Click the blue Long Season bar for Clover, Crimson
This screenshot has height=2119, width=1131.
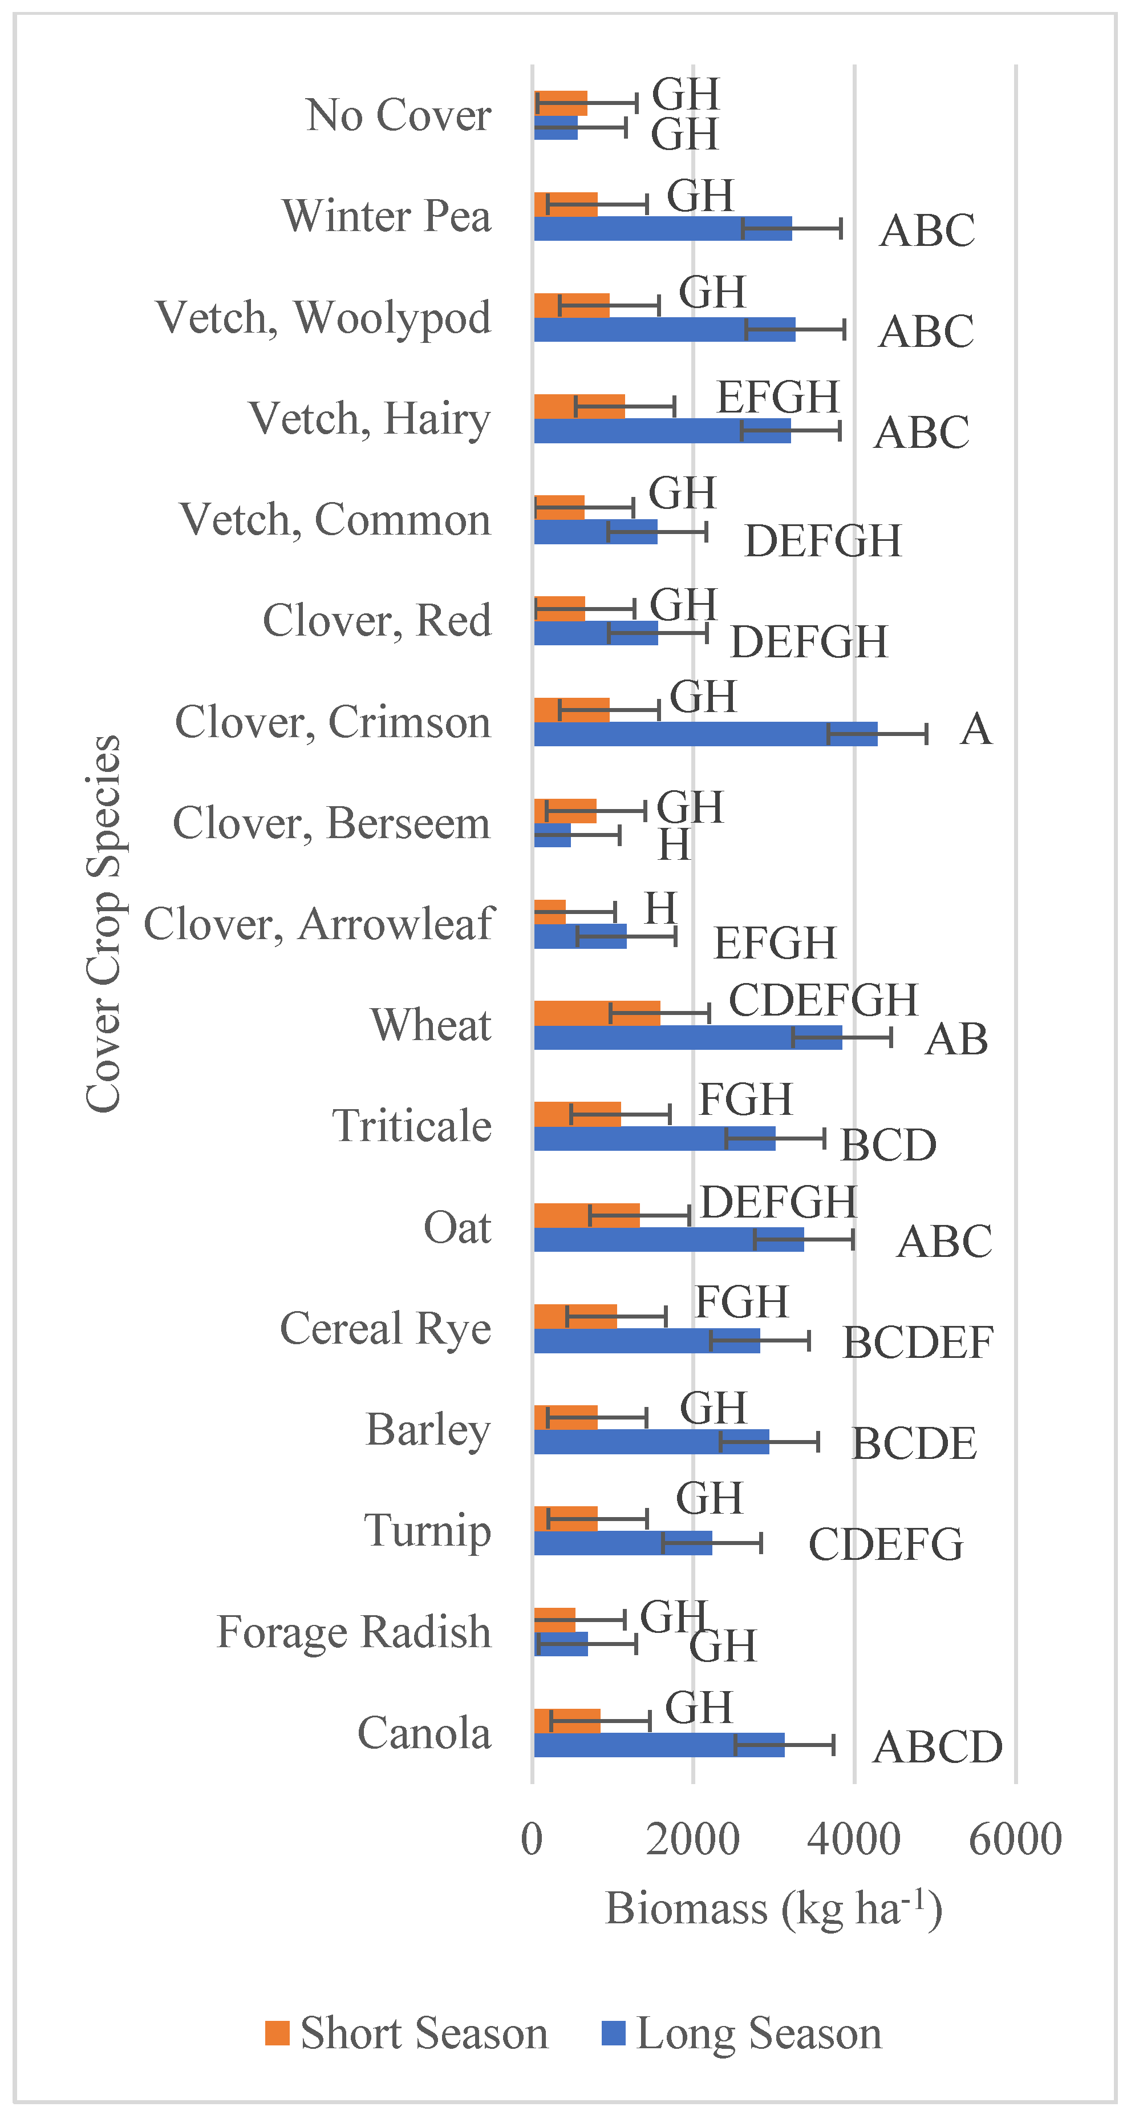pos(706,734)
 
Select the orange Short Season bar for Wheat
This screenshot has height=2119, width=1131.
pos(597,1013)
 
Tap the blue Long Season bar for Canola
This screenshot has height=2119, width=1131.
pos(658,1745)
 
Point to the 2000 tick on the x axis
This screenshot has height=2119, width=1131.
pos(692,1839)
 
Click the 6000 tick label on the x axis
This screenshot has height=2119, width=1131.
pos(1015,1839)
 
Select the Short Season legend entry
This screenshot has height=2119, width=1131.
pos(407,2033)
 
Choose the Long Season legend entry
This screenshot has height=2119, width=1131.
pos(742,2033)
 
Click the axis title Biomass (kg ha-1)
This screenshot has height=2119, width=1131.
pos(773,1908)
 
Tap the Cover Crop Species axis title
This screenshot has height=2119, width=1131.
pos(104,923)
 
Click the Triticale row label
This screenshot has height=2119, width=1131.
pos(411,1125)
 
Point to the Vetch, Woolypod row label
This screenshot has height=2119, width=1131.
pos(323,318)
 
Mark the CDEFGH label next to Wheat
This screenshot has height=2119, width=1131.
pos(822,1000)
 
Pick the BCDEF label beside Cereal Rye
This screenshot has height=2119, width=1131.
pos(918,1342)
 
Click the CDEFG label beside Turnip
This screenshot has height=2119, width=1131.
pos(886,1544)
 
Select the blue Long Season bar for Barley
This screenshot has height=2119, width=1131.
pos(651,1441)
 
